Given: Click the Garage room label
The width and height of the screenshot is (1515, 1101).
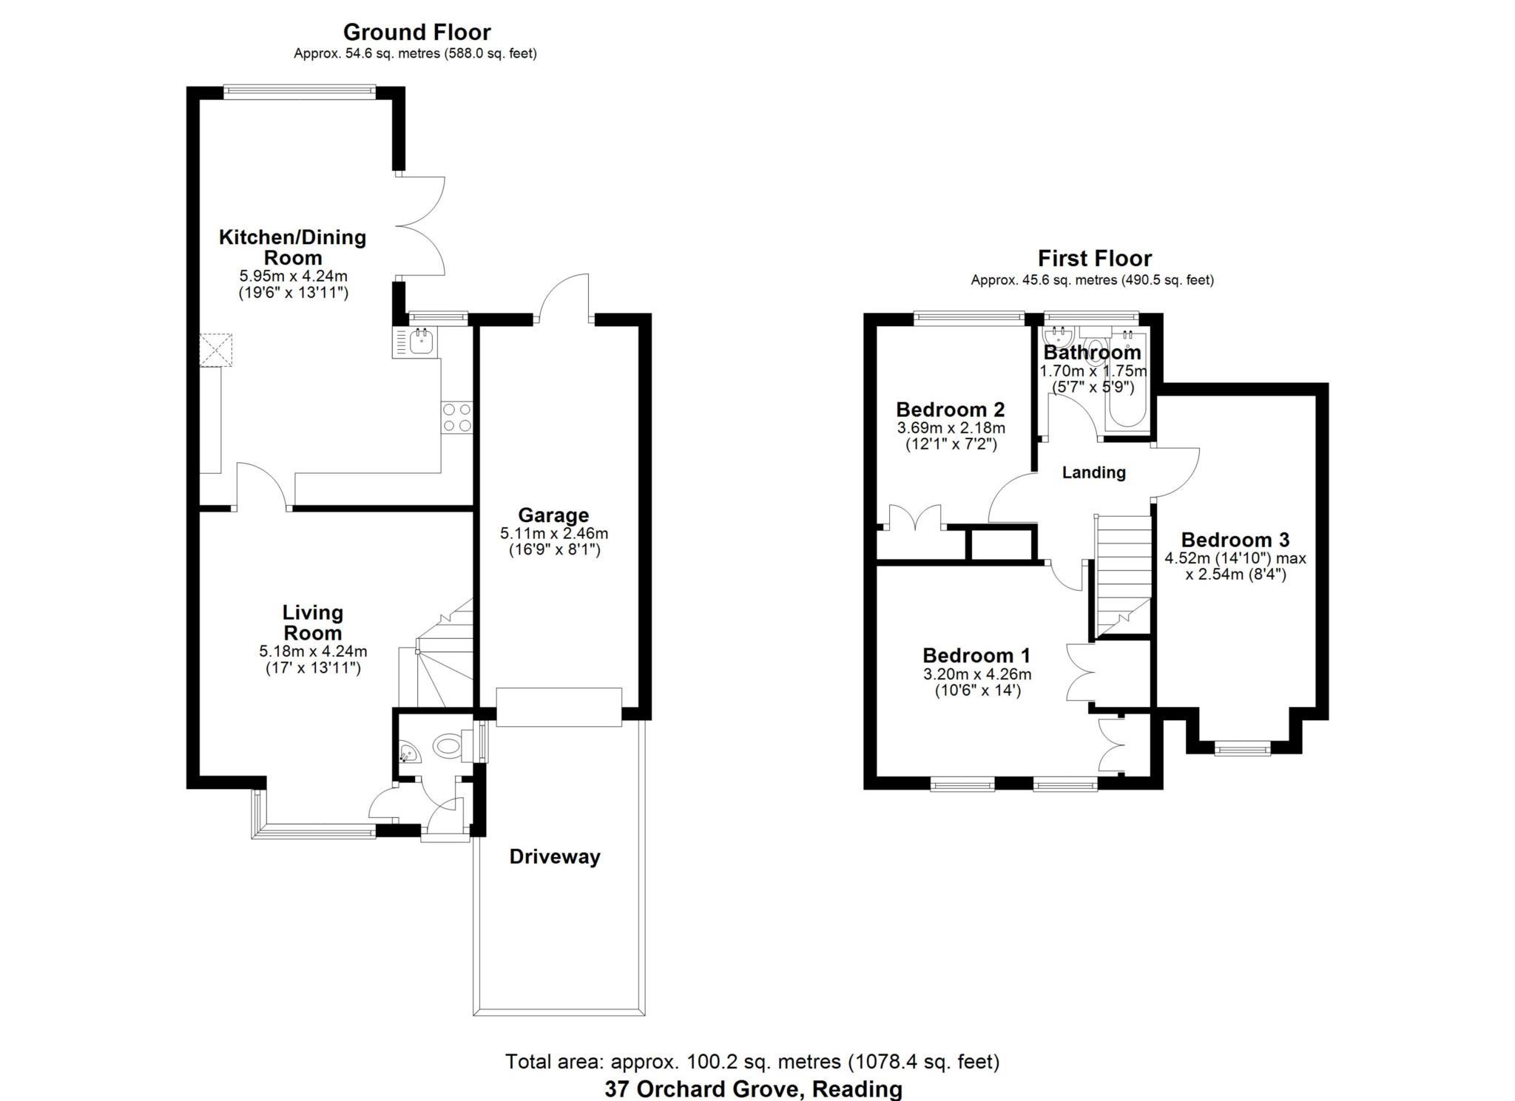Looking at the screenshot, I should coord(553,515).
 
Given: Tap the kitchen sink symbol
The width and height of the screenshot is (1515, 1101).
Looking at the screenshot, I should coord(421,342).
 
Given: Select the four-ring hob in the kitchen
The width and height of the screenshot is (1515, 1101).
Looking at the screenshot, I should coord(456,417).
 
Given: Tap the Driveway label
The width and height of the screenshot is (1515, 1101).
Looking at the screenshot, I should coord(555,857).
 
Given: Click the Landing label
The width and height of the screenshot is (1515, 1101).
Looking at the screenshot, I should coord(1093,472).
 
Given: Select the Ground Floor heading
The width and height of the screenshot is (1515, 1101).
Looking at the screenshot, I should coord(416,33).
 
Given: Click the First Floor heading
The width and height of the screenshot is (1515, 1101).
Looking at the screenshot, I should coord(1094,259).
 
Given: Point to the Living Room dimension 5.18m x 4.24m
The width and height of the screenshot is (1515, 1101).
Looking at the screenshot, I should coord(313,651).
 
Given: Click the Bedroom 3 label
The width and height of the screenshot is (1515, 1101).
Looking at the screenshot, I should coord(1235,540).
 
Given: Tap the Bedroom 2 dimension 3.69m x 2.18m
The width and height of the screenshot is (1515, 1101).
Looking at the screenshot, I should coord(951,428).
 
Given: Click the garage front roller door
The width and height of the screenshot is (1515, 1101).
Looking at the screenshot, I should coord(559,707).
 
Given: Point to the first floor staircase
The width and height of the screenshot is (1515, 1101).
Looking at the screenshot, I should coord(1123,573).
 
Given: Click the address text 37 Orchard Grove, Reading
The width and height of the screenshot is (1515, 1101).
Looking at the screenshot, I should coord(753,1089).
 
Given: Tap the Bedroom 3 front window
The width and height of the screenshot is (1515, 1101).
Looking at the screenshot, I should coord(1242,750).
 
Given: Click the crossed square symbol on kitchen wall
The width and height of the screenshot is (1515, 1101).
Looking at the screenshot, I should coord(216,349).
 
